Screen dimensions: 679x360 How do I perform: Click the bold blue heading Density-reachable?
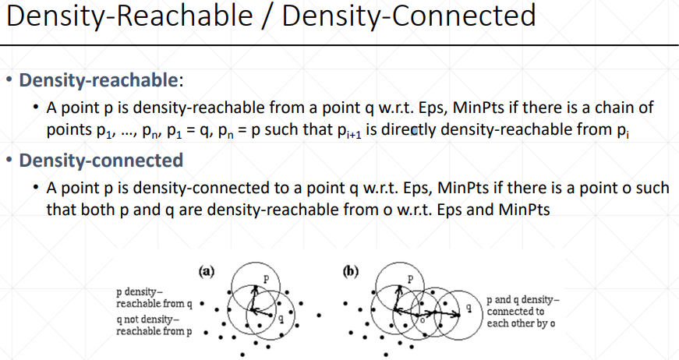pyautogui.click(x=99, y=80)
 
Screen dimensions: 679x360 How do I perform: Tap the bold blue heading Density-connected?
pyautogui.click(x=101, y=161)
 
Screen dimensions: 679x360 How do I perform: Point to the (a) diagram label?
pyautogui.click(x=207, y=272)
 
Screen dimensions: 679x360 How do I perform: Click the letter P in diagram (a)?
pyautogui.click(x=265, y=278)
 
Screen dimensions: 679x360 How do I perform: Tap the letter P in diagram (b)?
pyautogui.click(x=411, y=279)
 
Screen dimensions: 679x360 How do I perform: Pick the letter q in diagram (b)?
pyautogui.click(x=469, y=309)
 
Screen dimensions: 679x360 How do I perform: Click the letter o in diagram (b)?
pyautogui.click(x=422, y=318)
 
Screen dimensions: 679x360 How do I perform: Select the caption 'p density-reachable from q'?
pyautogui.click(x=153, y=297)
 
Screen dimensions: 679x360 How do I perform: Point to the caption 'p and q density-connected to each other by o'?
pyautogui.click(x=523, y=312)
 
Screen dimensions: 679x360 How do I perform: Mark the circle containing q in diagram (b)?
pyautogui.click(x=456, y=327)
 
